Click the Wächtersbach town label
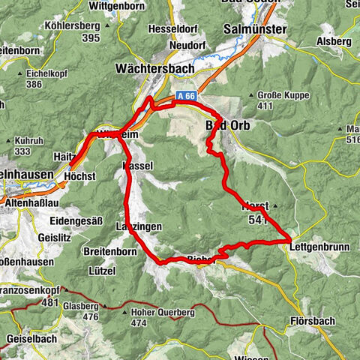click(x=154, y=67)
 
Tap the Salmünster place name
click(x=255, y=28)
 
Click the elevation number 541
click(x=256, y=220)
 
